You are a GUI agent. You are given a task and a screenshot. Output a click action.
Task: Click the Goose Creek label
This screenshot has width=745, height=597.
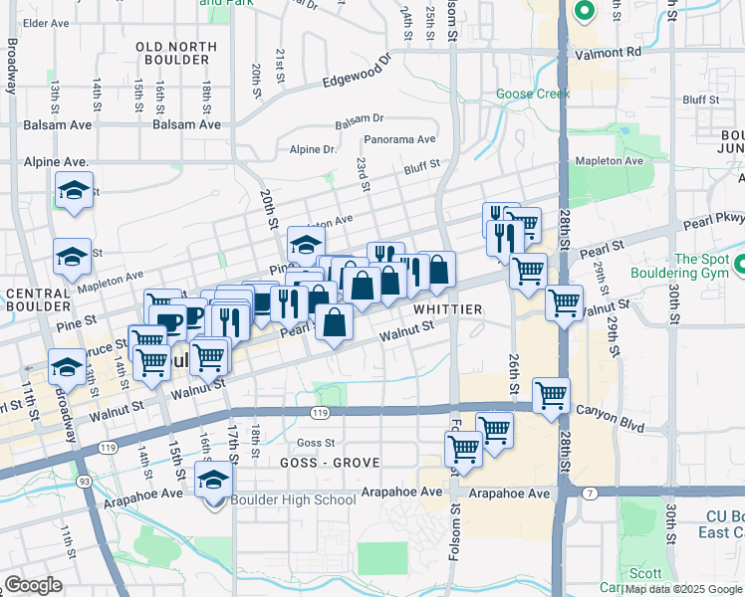533,95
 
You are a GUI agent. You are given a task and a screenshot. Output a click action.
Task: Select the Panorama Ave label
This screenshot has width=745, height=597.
399,140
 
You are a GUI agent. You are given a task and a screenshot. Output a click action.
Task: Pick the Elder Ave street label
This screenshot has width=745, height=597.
46,22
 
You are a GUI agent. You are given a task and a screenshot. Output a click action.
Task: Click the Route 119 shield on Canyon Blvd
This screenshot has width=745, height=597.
320,412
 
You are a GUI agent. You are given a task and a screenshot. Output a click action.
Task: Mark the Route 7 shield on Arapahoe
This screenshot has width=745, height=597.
589,493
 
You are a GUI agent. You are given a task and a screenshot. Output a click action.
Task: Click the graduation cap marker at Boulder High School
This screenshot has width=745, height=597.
213,481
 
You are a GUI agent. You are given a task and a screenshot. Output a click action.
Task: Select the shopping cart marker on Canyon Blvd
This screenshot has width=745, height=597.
551,396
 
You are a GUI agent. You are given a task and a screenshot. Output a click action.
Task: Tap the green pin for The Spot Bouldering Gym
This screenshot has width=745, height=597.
741,266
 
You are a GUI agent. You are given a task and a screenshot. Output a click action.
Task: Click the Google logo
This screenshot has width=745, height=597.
33,585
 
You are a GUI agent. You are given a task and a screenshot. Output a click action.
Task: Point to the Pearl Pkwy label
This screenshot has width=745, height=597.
713,227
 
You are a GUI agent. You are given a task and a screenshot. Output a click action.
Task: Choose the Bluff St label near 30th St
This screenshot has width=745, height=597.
701,99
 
